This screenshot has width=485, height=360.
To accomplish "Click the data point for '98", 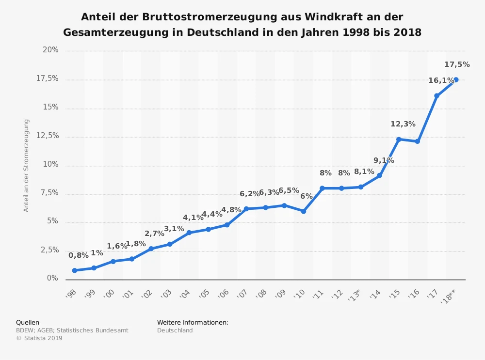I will (75, 270).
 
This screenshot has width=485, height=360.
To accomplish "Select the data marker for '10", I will (304, 211).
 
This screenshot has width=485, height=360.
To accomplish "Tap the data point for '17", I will (436, 96).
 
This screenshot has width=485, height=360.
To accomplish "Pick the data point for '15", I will (399, 140).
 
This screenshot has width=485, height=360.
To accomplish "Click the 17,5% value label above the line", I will (457, 64).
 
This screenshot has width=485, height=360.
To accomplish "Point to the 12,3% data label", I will (403, 124).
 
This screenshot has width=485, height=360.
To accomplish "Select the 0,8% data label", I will (79, 255).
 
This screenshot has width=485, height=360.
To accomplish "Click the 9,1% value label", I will (384, 160).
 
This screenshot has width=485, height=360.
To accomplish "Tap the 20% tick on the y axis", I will (50, 50).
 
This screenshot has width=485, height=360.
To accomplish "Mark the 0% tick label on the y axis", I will (52, 278).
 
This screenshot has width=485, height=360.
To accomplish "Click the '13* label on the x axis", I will (355, 294).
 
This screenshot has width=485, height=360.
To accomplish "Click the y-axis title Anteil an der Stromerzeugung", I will (27, 165).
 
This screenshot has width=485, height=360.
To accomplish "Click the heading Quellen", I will (28, 322).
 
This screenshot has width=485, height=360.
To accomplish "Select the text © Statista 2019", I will (39, 338).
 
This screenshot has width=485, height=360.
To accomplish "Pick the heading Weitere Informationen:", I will (193, 322).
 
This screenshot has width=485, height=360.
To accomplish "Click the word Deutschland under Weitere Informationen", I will (175, 330).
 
